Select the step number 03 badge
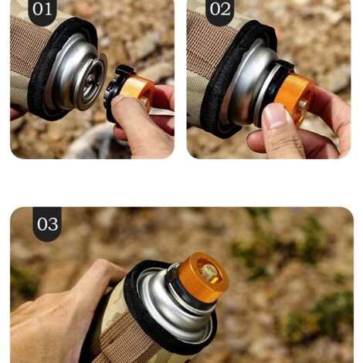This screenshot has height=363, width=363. click(x=47, y=224)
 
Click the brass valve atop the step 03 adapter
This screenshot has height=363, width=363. click(x=208, y=271)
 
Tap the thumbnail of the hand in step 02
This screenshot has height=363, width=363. click(x=273, y=117)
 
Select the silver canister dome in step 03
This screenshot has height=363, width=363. click(x=166, y=305)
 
